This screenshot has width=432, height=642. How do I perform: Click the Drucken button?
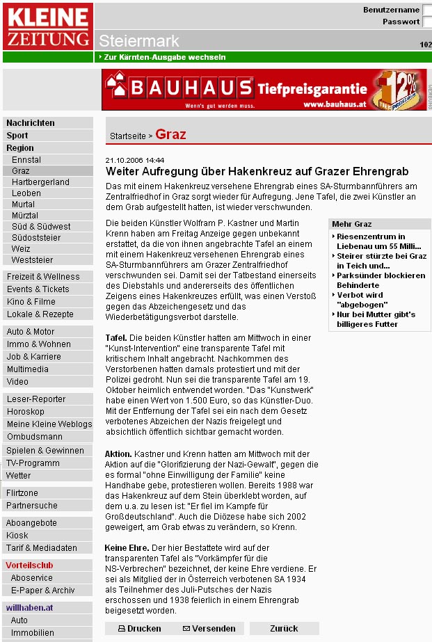pos(140,628)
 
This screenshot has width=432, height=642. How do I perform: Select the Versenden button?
pos(209,628)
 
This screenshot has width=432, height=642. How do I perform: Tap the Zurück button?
pos(284,628)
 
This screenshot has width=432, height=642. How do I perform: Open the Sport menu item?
pos(17,136)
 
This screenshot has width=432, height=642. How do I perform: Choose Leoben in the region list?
pos(26,193)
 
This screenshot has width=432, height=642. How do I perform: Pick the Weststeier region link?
pos(32,260)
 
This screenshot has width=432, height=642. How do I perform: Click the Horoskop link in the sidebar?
pos(26,412)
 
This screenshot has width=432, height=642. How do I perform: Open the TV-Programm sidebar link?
pos(33,463)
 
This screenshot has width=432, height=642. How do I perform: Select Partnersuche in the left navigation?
pos(32,506)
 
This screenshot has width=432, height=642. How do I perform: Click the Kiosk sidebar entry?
pos(17,536)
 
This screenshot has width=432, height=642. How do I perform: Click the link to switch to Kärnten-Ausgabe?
pos(164,57)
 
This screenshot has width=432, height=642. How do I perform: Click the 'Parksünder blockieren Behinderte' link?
pos(381,280)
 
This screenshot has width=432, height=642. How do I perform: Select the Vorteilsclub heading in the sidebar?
pos(29,565)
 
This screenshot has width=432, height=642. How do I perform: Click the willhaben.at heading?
pos(30,608)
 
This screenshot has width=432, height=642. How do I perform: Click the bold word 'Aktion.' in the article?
pos(118,454)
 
